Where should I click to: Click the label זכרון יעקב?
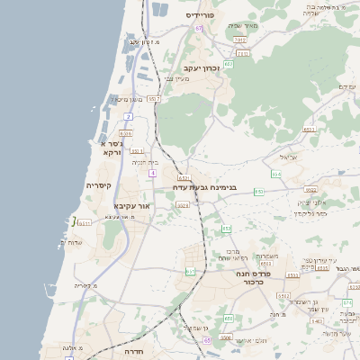(x=202, y=67)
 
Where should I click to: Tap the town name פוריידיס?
(x=203, y=15)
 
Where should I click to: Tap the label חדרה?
(x=135, y=352)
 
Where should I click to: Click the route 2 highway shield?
(x=129, y=117)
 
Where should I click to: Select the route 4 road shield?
(x=153, y=172)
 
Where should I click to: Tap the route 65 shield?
(x=207, y=341)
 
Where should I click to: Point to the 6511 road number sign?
(x=84, y=223)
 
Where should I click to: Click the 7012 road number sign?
(x=239, y=40)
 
